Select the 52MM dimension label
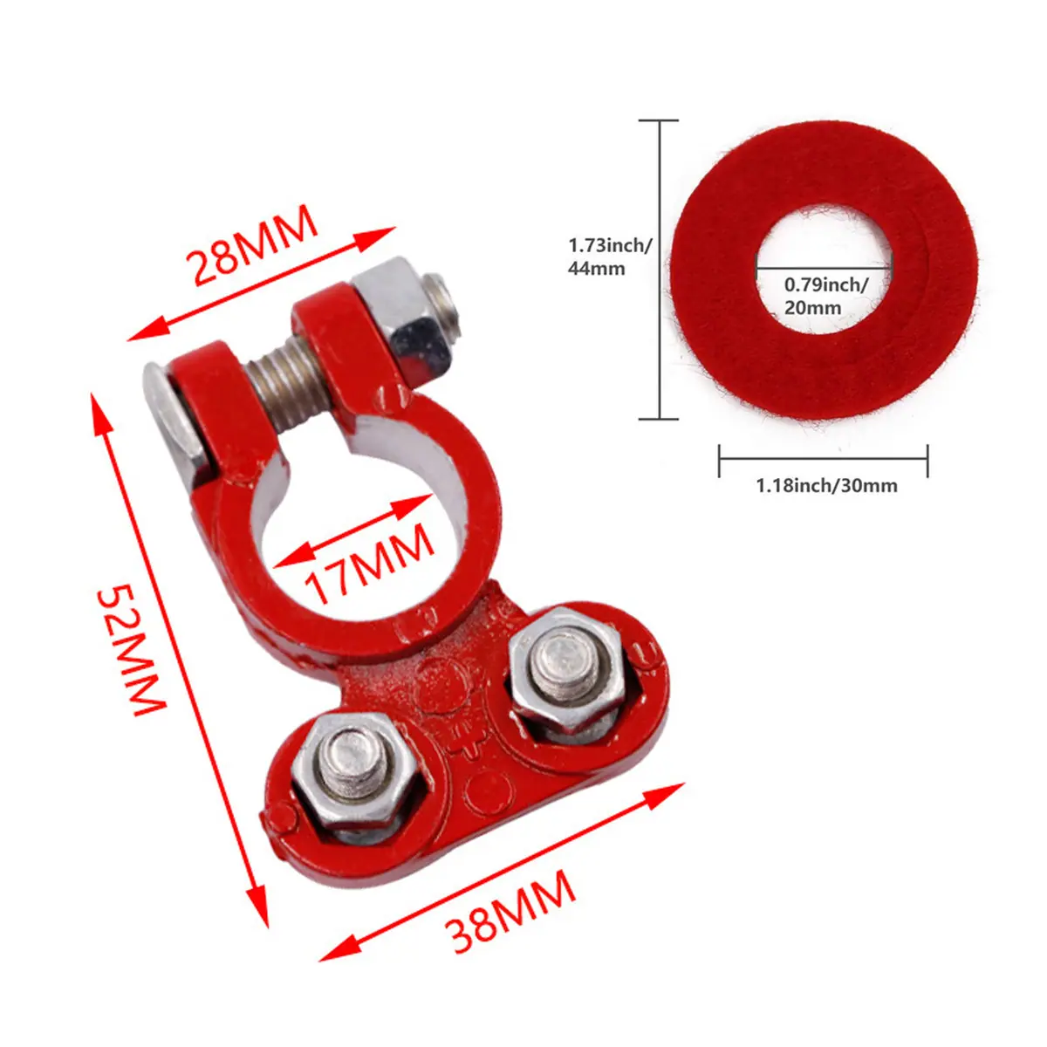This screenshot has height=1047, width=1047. (132, 650)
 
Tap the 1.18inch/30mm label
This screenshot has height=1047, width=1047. (827, 485)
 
